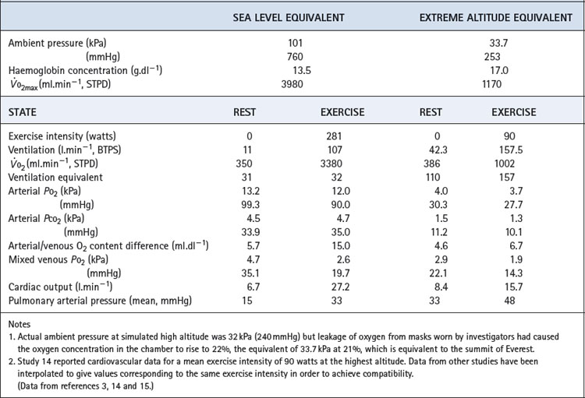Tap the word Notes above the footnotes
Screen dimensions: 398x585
click(23, 323)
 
